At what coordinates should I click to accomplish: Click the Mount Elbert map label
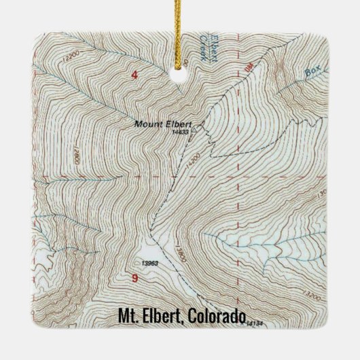(x=163, y=124)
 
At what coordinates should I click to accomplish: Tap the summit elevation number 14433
(x=180, y=132)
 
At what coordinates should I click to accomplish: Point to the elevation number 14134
(x=256, y=322)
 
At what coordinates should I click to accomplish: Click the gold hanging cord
(x=181, y=27)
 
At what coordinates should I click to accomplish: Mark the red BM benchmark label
(x=247, y=67)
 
